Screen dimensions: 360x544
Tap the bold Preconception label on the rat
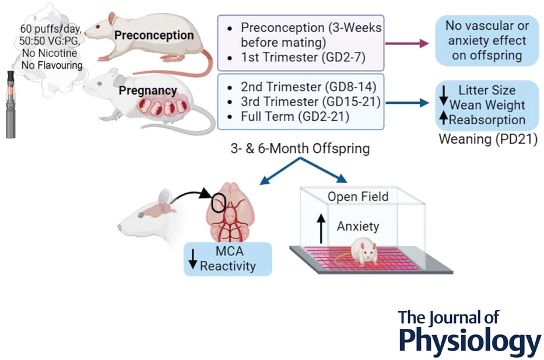(x=154, y=35)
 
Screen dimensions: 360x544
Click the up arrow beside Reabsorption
(x=444, y=118)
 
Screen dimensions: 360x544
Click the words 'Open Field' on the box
(x=357, y=197)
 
